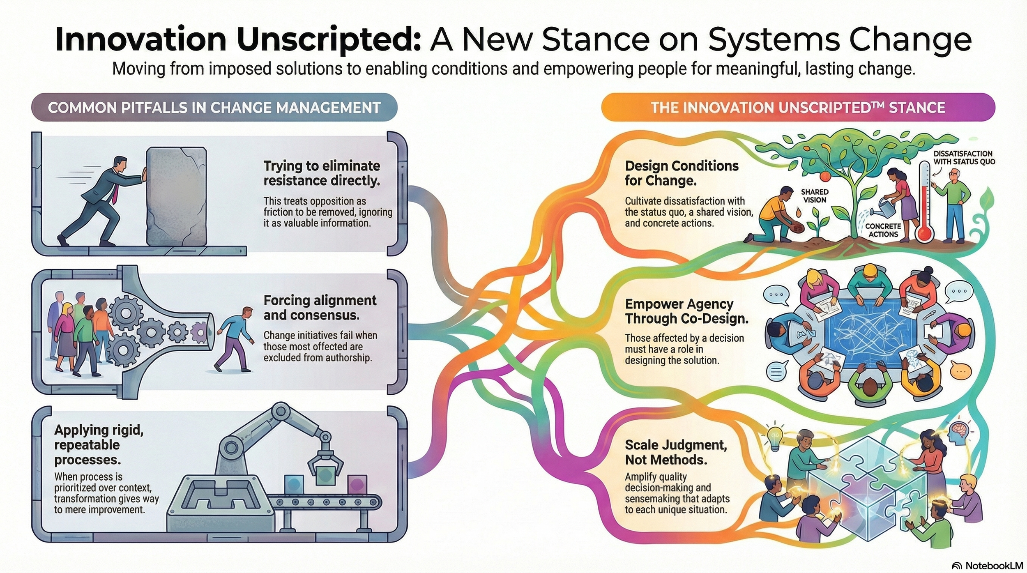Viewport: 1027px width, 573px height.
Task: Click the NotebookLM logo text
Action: (x=994, y=566)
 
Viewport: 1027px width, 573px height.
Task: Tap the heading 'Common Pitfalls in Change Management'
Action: (x=214, y=108)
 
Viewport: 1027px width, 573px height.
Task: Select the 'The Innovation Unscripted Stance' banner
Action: (x=798, y=108)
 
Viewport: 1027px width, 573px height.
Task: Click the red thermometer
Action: (x=924, y=201)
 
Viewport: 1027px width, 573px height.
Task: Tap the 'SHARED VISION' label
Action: (x=814, y=196)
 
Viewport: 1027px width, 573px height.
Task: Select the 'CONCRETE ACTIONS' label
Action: (x=883, y=230)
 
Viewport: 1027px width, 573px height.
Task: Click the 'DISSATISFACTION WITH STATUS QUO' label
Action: (x=964, y=158)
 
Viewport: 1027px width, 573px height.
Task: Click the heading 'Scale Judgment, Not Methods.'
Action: (x=676, y=452)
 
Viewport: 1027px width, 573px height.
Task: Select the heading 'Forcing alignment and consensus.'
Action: (x=320, y=308)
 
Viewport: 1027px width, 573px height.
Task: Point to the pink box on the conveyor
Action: (x=357, y=485)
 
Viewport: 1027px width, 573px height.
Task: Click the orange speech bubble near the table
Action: (x=960, y=371)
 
